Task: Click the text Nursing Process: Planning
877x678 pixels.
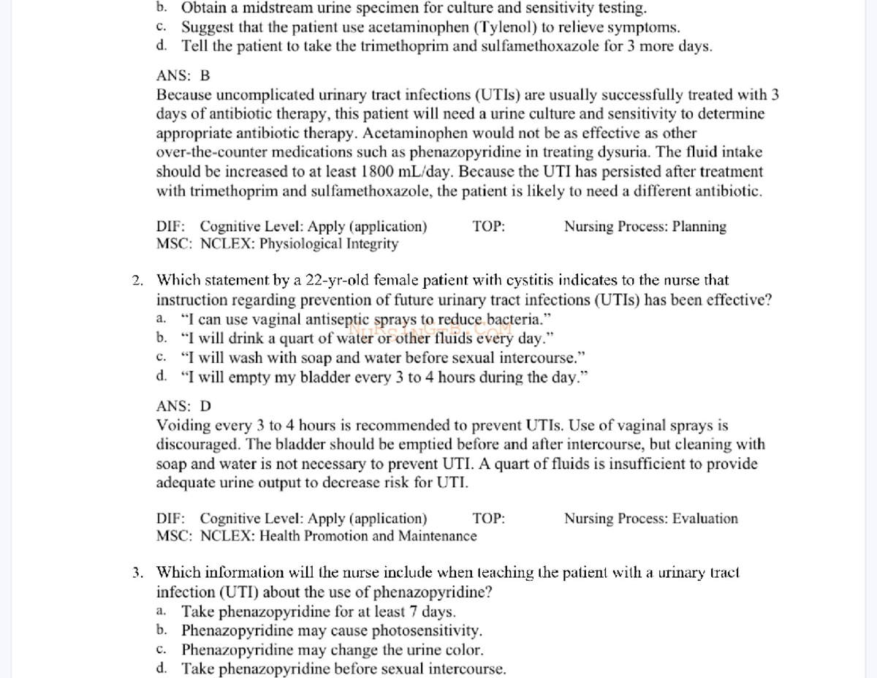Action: pyautogui.click(x=645, y=227)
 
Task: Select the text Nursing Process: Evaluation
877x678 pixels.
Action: pyautogui.click(x=650, y=519)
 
